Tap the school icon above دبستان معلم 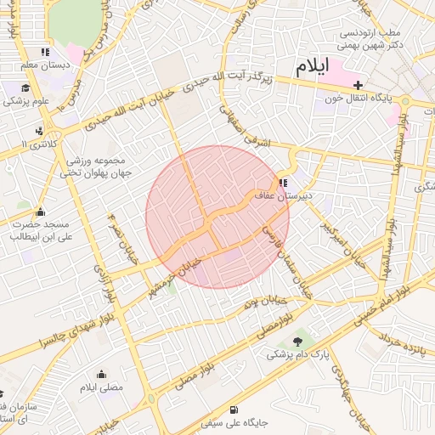pyautogui.click(x=45, y=52)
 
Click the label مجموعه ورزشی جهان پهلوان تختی pyautogui.click(x=93, y=167)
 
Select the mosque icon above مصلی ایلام pyautogui.click(x=102, y=374)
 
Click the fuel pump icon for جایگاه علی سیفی pyautogui.click(x=235, y=409)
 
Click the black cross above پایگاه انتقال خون pyautogui.click(x=359, y=85)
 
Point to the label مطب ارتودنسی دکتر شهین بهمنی pyautogui.click(x=370, y=38)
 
